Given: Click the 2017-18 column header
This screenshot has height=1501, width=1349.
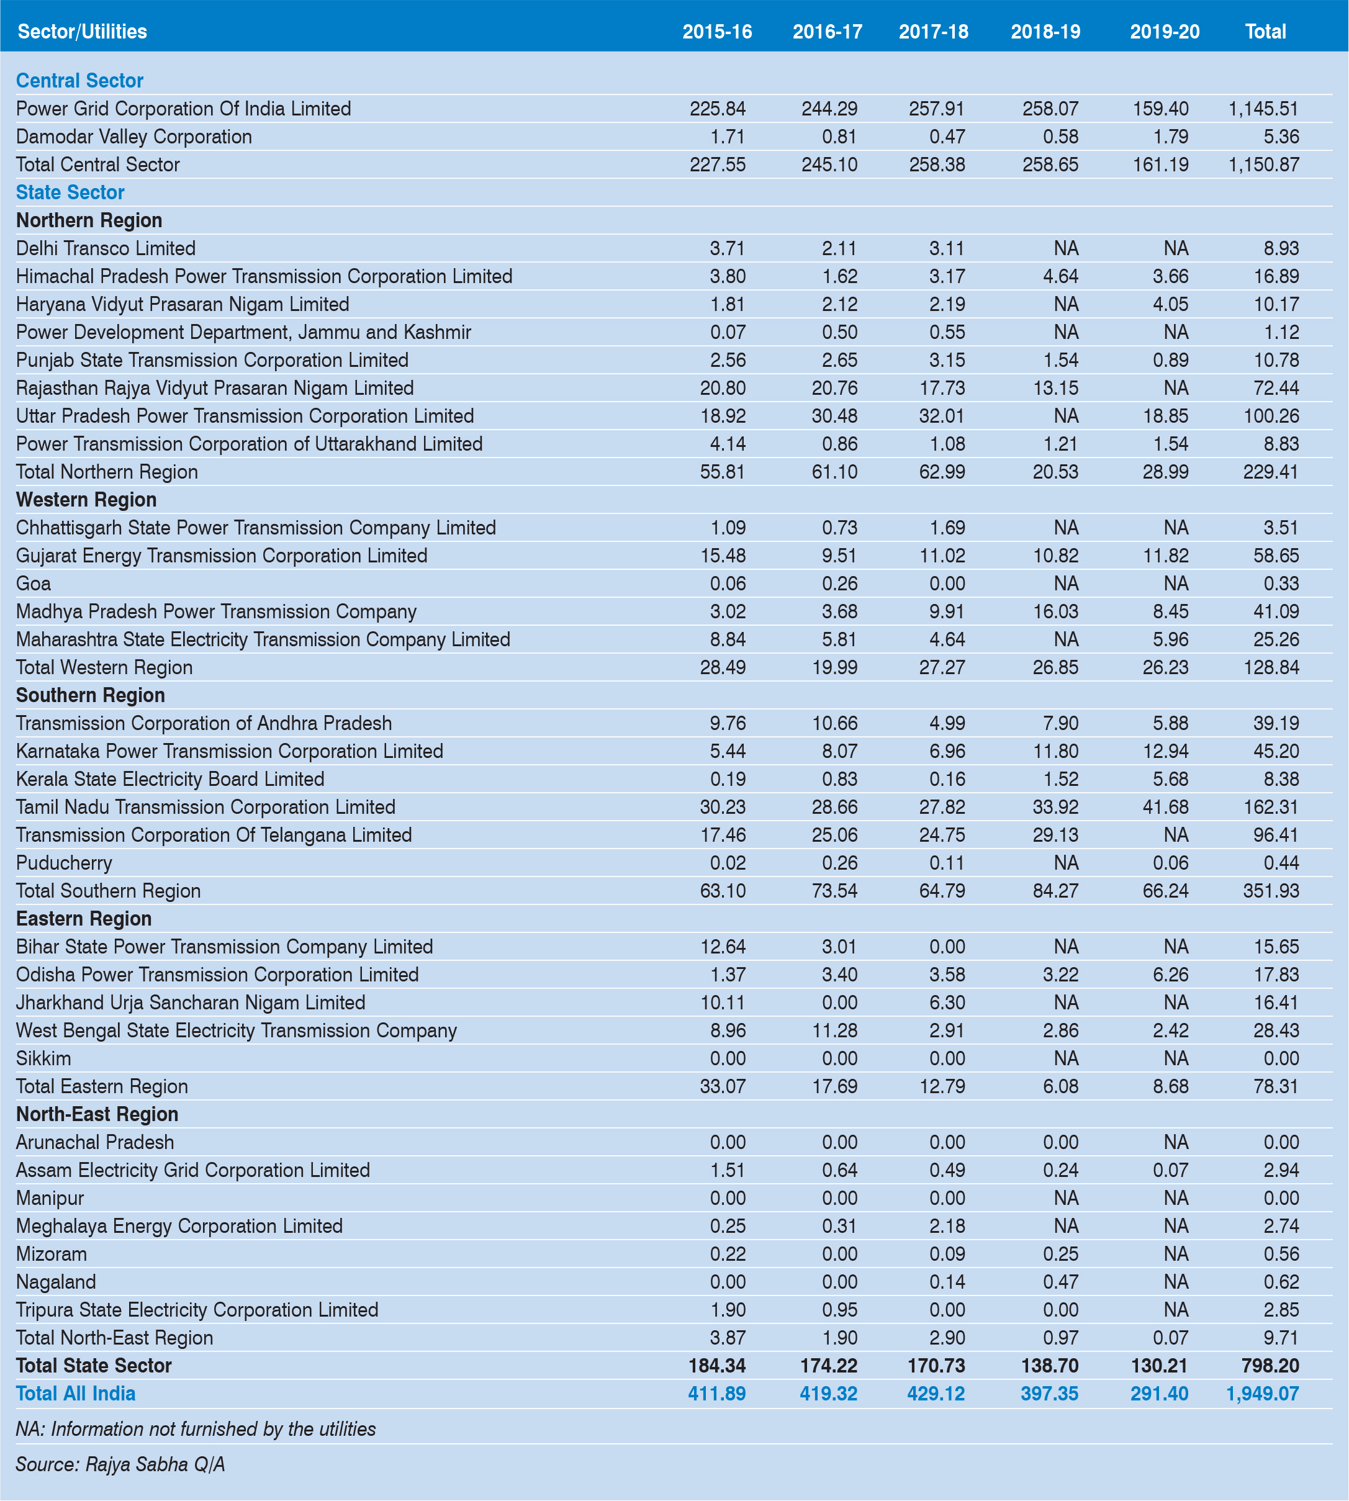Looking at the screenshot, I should [x=933, y=32].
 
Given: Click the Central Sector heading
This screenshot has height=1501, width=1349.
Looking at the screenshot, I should [x=79, y=81].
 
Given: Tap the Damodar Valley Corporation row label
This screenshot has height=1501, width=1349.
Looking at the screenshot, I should [x=133, y=137].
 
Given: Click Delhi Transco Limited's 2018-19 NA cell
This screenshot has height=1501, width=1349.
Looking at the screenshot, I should [x=1065, y=248].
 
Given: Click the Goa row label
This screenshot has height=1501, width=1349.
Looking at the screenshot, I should [x=34, y=584].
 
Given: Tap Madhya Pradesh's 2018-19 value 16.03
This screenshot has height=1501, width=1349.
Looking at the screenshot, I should [x=1055, y=612].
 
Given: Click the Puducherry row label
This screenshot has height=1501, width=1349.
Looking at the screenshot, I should [x=64, y=863].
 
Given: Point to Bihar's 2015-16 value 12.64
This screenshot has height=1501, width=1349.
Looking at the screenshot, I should [x=723, y=947].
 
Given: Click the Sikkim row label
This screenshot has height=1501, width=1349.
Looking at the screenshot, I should [x=43, y=1058].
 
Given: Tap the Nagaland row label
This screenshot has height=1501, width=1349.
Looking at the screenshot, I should [x=56, y=1282].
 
